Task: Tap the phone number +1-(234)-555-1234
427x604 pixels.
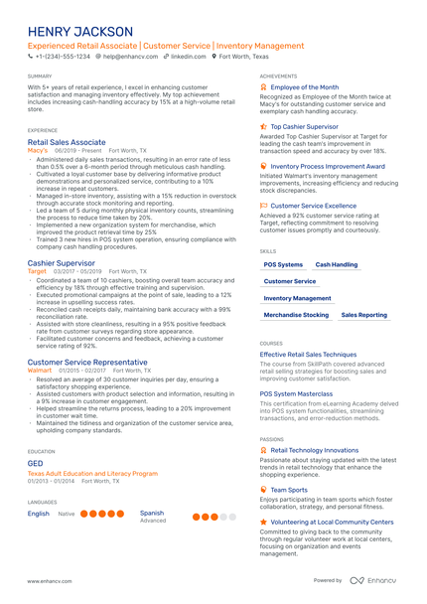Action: pyautogui.click(x=62, y=58)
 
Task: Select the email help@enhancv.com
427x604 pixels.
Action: pyautogui.click(x=129, y=58)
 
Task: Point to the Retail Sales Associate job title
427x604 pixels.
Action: pyautogui.click(x=66, y=142)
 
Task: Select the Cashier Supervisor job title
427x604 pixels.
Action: pyautogui.click(x=62, y=263)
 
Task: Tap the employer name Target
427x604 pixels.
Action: pyautogui.click(x=37, y=271)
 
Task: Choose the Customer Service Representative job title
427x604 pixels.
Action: pyautogui.click(x=87, y=363)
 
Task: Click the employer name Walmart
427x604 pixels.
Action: pyautogui.click(x=39, y=371)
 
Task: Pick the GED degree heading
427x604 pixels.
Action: pyautogui.click(x=35, y=464)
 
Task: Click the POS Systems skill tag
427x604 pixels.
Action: pyautogui.click(x=284, y=265)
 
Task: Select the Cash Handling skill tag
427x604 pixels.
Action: pyautogui.click(x=337, y=265)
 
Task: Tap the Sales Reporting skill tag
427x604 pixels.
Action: pyautogui.click(x=364, y=314)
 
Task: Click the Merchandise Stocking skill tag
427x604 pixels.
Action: pyautogui.click(x=296, y=314)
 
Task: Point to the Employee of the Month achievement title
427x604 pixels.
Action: pyautogui.click(x=304, y=87)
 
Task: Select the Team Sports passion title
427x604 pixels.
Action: pyautogui.click(x=289, y=490)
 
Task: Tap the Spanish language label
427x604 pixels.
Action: pyautogui.click(x=152, y=514)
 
